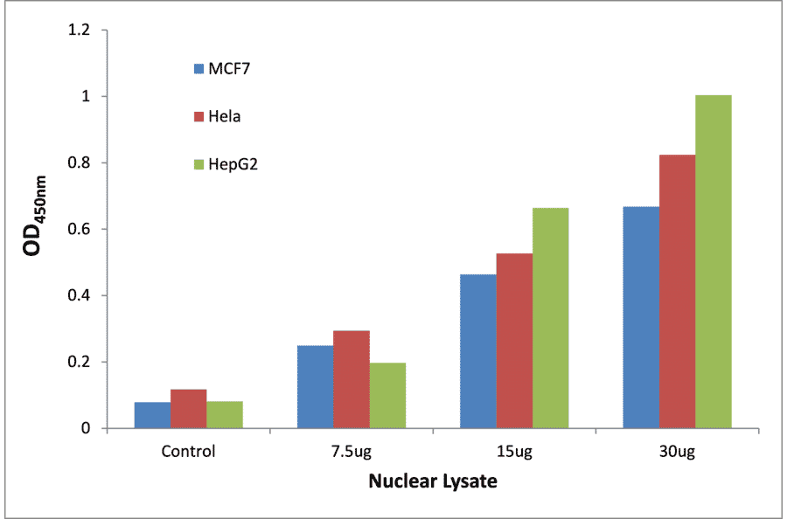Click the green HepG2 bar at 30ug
click(713, 262)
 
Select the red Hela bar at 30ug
click(677, 292)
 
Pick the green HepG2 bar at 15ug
click(550, 318)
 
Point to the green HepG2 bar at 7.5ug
click(387, 396)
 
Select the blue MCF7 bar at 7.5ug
click(315, 387)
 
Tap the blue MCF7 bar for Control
click(152, 415)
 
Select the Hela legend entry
click(219, 116)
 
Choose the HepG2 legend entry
click(226, 163)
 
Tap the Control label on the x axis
click(188, 452)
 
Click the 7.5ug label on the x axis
click(351, 452)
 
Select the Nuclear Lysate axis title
click(433, 481)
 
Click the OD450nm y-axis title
click(36, 229)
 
